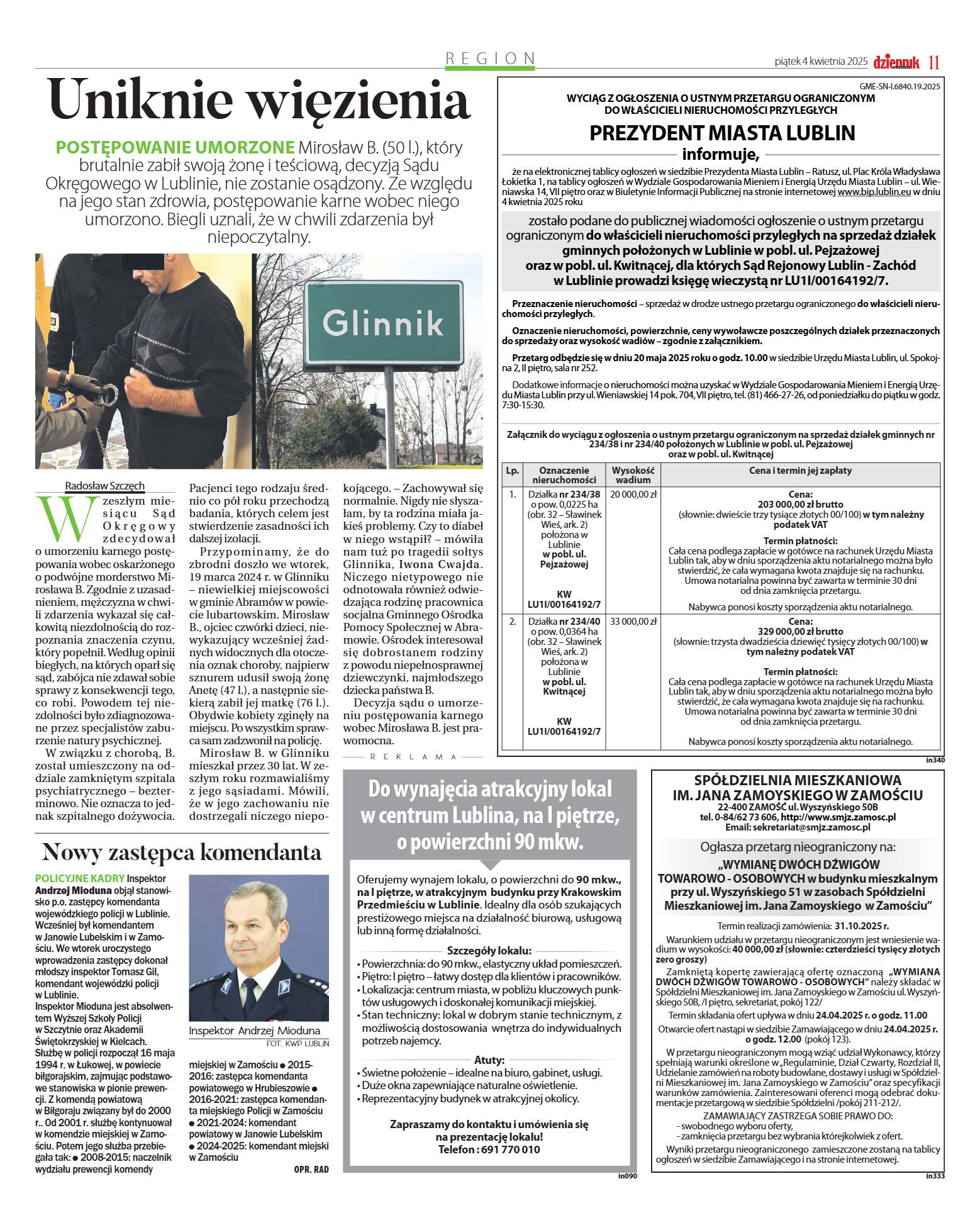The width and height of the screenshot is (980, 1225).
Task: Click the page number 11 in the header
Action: pyautogui.click(x=934, y=62)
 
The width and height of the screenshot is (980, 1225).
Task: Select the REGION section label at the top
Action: pyautogui.click(x=490, y=59)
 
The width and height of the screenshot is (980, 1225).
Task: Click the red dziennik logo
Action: pyautogui.click(x=896, y=62)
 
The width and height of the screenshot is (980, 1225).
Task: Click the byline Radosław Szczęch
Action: pyautogui.click(x=105, y=486)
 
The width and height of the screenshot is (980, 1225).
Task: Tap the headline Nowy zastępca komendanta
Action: pyautogui.click(x=182, y=853)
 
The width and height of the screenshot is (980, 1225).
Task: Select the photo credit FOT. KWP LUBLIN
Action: pyautogui.click(x=297, y=1043)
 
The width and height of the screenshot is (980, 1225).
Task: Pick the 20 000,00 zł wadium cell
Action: pyautogui.click(x=633, y=495)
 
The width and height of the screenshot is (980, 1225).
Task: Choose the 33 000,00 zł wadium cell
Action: pyautogui.click(x=633, y=622)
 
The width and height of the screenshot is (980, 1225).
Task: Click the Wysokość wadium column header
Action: pyautogui.click(x=633, y=475)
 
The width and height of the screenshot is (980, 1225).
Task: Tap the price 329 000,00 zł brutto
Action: pyautogui.click(x=800, y=631)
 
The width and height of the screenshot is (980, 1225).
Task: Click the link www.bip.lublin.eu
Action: pyautogui.click(x=874, y=192)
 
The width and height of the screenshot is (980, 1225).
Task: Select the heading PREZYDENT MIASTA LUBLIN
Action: pyautogui.click(x=722, y=133)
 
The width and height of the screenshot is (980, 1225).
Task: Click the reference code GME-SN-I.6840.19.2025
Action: pyautogui.click(x=899, y=87)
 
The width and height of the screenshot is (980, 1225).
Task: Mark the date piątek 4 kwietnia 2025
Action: pyautogui.click(x=821, y=62)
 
